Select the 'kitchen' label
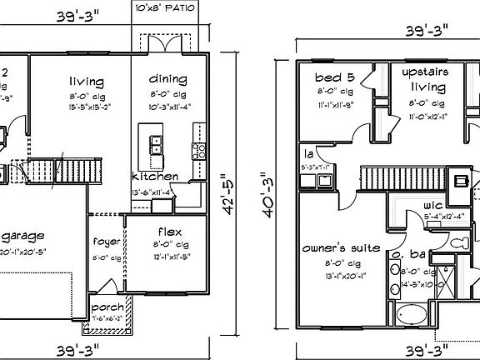click(154, 177)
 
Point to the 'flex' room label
click(169, 231)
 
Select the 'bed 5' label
click(334, 77)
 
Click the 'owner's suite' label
click(342, 248)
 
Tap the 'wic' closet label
click(431, 205)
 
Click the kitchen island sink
click(155, 145)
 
